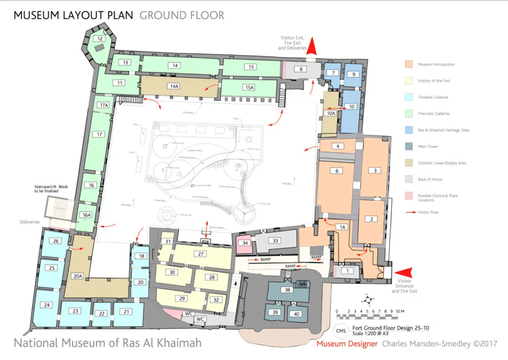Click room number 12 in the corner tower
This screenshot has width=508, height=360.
pyautogui.click(x=100, y=39)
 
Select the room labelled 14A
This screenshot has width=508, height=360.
pyautogui.click(x=175, y=86)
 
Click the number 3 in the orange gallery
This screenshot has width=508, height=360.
pyautogui.click(x=375, y=171)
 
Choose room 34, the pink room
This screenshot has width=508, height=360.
pyautogui.click(x=245, y=243)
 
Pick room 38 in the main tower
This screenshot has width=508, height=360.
pyautogui.click(x=288, y=290)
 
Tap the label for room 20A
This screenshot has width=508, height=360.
pyautogui.click(x=78, y=276)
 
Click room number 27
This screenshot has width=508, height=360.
pyautogui.click(x=201, y=254)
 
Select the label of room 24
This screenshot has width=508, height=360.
pyautogui.click(x=47, y=305)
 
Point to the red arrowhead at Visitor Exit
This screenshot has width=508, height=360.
pyautogui.click(x=313, y=47)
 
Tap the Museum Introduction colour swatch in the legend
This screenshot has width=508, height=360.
pyautogui.click(x=408, y=64)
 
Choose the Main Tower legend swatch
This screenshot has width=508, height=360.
pyautogui.click(x=408, y=147)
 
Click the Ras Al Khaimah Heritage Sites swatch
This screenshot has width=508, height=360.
pyautogui.click(x=408, y=130)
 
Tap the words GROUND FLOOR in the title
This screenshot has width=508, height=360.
pyautogui.click(x=182, y=15)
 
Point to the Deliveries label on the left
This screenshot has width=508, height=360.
pyautogui.click(x=29, y=222)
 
